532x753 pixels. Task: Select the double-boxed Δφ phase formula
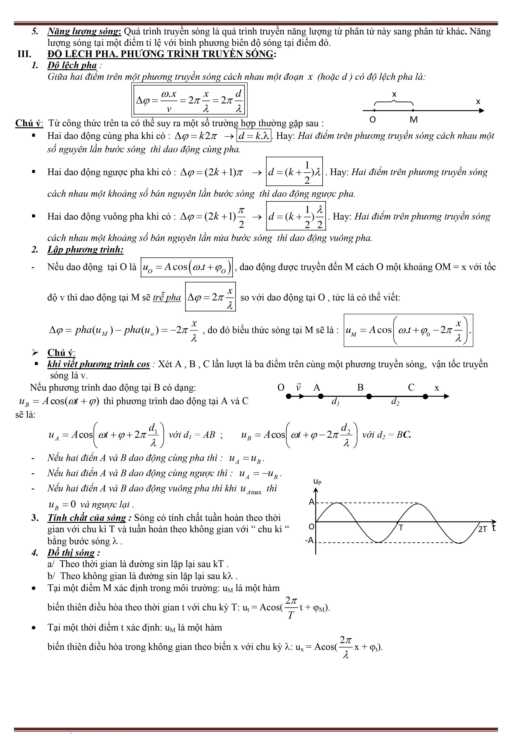(190, 100)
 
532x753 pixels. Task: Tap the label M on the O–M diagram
(414, 120)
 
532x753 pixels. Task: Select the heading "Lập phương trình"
(85, 250)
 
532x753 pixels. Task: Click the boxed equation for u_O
(187, 267)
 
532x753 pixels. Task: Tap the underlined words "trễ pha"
(167, 297)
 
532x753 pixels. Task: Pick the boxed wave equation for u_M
(408, 330)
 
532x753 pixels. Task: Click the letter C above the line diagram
(411, 388)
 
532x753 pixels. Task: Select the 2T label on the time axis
(482, 529)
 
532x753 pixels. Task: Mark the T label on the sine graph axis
(401, 528)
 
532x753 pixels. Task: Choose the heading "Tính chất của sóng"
(87, 518)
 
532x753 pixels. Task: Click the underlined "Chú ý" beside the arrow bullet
(61, 353)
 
